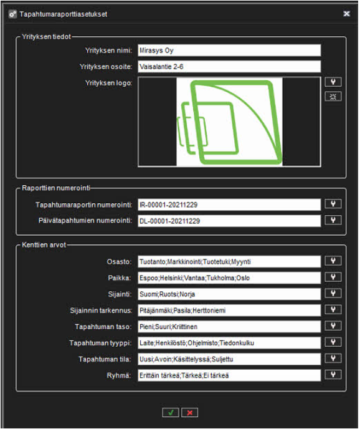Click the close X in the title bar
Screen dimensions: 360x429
pyautogui.click(x=346, y=14)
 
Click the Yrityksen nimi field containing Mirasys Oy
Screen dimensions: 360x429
pyautogui.click(x=229, y=51)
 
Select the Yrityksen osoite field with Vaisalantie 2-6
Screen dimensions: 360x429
pyautogui.click(x=229, y=67)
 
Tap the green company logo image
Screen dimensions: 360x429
pyautogui.click(x=229, y=122)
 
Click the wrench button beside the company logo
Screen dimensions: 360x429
pyautogui.click(x=333, y=82)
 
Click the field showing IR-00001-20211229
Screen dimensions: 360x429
pyautogui.click(x=229, y=205)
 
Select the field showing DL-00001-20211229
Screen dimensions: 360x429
pyautogui.click(x=229, y=221)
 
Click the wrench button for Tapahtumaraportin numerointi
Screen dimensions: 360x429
pyautogui.click(x=333, y=203)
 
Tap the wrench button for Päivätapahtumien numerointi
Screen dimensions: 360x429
pyautogui.click(x=333, y=220)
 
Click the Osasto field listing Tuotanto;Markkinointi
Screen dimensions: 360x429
pyautogui.click(x=229, y=261)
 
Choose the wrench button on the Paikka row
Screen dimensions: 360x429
pyautogui.click(x=333, y=277)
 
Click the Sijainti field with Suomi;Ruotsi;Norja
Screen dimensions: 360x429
pyautogui.click(x=229, y=294)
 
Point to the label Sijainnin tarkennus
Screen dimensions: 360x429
pyautogui.click(x=101, y=311)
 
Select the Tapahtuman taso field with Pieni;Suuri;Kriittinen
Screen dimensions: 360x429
pyautogui.click(x=229, y=326)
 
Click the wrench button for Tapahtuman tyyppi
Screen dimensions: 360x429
pyautogui.click(x=333, y=342)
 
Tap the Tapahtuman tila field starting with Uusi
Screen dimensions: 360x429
pyautogui.click(x=229, y=359)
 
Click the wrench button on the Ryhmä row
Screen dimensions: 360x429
pyautogui.click(x=333, y=375)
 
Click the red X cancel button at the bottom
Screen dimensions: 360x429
pyautogui.click(x=190, y=413)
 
